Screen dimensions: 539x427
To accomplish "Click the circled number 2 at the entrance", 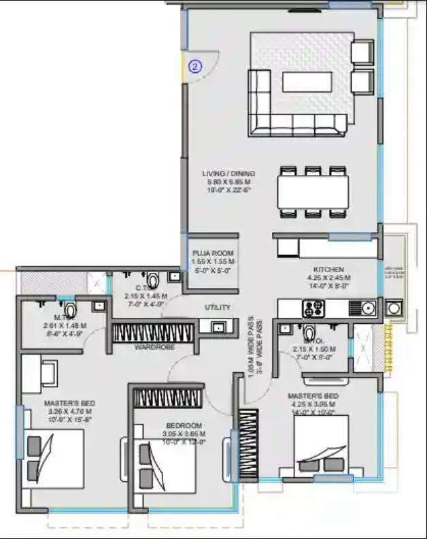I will click(195, 67).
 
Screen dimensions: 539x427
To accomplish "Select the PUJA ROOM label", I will click(213, 253).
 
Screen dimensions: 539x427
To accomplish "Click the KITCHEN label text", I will click(328, 269).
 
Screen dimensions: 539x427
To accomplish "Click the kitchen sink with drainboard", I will click(362, 308).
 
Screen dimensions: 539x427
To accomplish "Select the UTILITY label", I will click(218, 307).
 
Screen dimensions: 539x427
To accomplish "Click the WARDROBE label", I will click(154, 347).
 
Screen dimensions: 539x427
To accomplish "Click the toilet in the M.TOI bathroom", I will click(70, 306).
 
